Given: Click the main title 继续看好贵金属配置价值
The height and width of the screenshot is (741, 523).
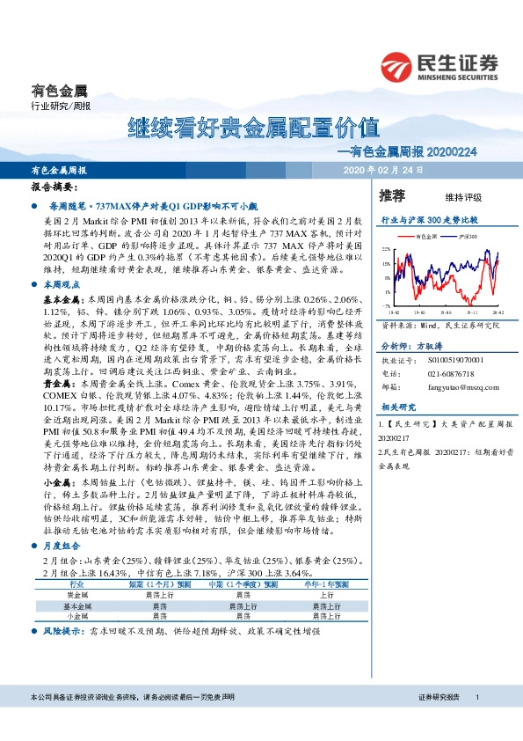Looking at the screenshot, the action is (253, 127).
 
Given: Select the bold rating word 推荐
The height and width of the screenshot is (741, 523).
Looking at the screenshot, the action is (392, 194).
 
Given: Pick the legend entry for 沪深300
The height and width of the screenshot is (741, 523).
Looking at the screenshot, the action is (462, 238).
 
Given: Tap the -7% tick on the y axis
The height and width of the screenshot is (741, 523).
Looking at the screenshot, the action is (386, 305).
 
